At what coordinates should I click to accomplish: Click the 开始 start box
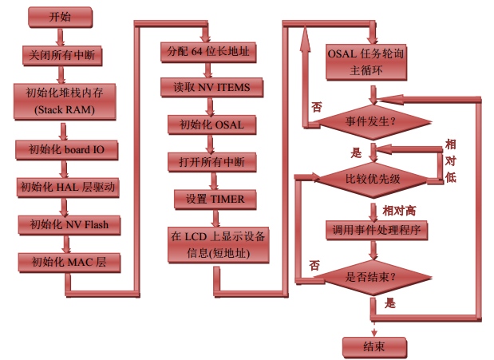[x=60, y=18]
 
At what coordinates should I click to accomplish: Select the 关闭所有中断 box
[x=62, y=56]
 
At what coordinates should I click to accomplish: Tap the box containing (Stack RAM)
[x=65, y=101]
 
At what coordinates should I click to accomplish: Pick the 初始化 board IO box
[x=67, y=150]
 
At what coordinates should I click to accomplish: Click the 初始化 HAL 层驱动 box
[x=68, y=188]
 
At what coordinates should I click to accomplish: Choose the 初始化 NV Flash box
[x=69, y=225]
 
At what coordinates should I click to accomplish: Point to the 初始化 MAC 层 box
[x=69, y=263]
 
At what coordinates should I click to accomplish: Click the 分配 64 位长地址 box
[x=208, y=52]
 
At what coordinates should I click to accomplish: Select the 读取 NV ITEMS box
[x=211, y=87]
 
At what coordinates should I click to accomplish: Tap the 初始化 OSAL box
[x=211, y=125]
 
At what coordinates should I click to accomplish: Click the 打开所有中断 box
[x=211, y=162]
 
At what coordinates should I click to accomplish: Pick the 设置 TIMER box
[x=215, y=200]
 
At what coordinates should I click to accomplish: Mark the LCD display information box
[x=218, y=245]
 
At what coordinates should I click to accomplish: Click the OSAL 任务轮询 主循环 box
[x=366, y=62]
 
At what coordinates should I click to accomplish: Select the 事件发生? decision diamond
[x=373, y=122]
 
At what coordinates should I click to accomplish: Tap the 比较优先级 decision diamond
[x=373, y=180]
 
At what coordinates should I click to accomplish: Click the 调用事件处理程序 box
[x=377, y=230]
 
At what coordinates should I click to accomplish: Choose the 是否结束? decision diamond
[x=373, y=278]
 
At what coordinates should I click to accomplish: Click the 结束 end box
[x=374, y=347]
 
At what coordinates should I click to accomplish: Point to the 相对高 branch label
[x=399, y=211]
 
